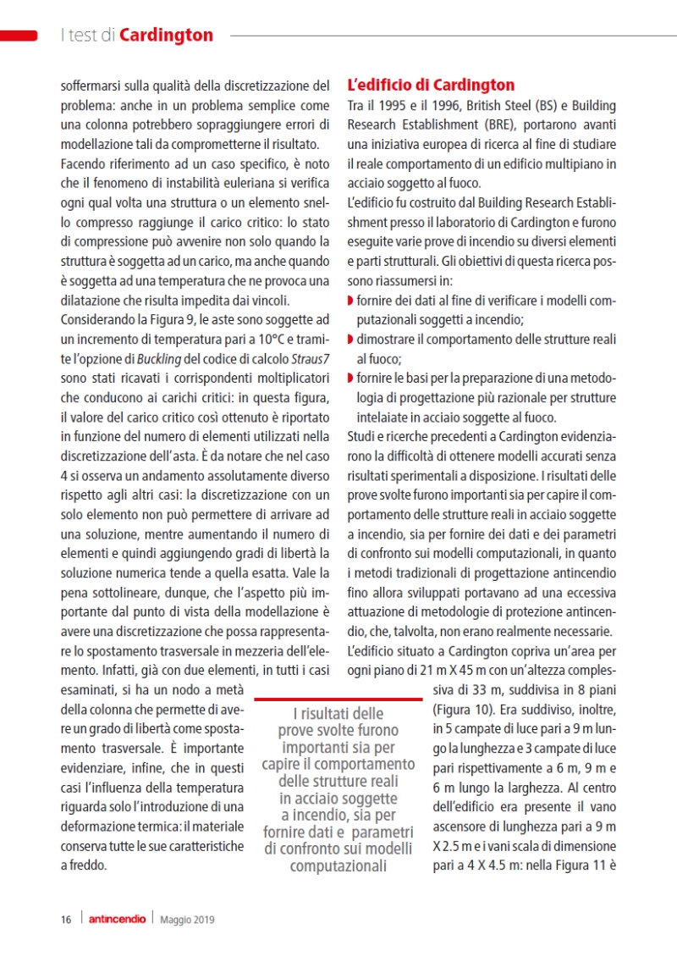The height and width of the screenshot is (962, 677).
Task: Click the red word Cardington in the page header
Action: pyautogui.click(x=167, y=35)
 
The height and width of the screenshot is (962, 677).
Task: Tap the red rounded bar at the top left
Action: pyautogui.click(x=19, y=35)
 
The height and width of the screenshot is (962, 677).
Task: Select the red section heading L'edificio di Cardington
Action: pyautogui.click(x=431, y=86)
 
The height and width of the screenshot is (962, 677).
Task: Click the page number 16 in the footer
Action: pyautogui.click(x=65, y=919)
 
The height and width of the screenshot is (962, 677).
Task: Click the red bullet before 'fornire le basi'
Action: pyautogui.click(x=350, y=378)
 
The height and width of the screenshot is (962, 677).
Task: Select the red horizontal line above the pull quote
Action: pyautogui.click(x=338, y=699)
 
